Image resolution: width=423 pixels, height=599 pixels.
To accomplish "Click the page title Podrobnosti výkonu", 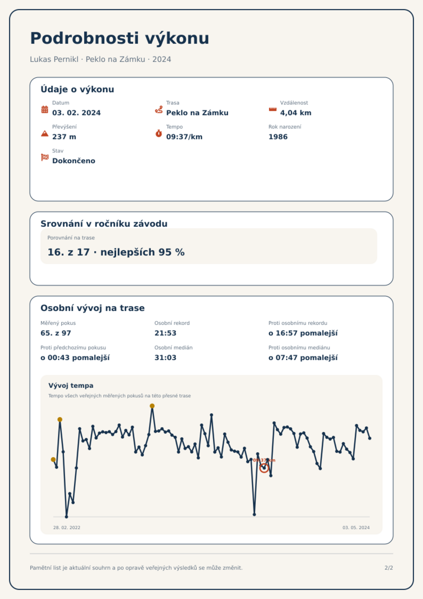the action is point(120,38).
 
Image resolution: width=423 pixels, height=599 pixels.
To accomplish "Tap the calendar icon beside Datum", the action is point(45,109).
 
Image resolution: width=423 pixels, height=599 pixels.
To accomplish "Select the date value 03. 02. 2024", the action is point(76,113).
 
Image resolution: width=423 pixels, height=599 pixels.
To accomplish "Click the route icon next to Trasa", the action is point(159,109).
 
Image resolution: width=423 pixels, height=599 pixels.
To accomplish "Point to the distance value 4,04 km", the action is point(296,113).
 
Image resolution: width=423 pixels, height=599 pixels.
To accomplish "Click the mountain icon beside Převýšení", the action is point(45,133).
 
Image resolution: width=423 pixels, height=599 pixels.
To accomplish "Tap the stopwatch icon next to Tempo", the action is point(159,133).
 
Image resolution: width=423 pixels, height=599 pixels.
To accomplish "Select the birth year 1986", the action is point(278,137).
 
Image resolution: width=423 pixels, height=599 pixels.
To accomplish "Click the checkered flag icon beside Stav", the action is point(45,157).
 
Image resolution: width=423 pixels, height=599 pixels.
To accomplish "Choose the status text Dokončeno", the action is point(74,161).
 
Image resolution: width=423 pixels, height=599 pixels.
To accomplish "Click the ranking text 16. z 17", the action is point(68,252).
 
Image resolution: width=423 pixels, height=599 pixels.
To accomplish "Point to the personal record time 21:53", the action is point(165,333).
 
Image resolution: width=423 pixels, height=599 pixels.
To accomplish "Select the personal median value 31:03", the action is point(165,358).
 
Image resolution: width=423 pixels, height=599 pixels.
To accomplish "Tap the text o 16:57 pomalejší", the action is point(303,333).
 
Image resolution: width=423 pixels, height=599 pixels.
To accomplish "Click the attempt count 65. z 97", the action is point(56,333).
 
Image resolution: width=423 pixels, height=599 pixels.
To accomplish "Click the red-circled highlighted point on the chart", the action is point(264,468).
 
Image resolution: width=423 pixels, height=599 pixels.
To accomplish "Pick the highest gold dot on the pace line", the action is point(152,406).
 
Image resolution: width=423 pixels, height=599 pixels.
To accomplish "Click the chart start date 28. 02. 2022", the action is point(67,528).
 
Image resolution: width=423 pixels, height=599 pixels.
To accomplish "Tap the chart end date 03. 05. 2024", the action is point(356,528).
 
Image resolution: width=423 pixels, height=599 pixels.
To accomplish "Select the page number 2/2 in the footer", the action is point(389,568).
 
